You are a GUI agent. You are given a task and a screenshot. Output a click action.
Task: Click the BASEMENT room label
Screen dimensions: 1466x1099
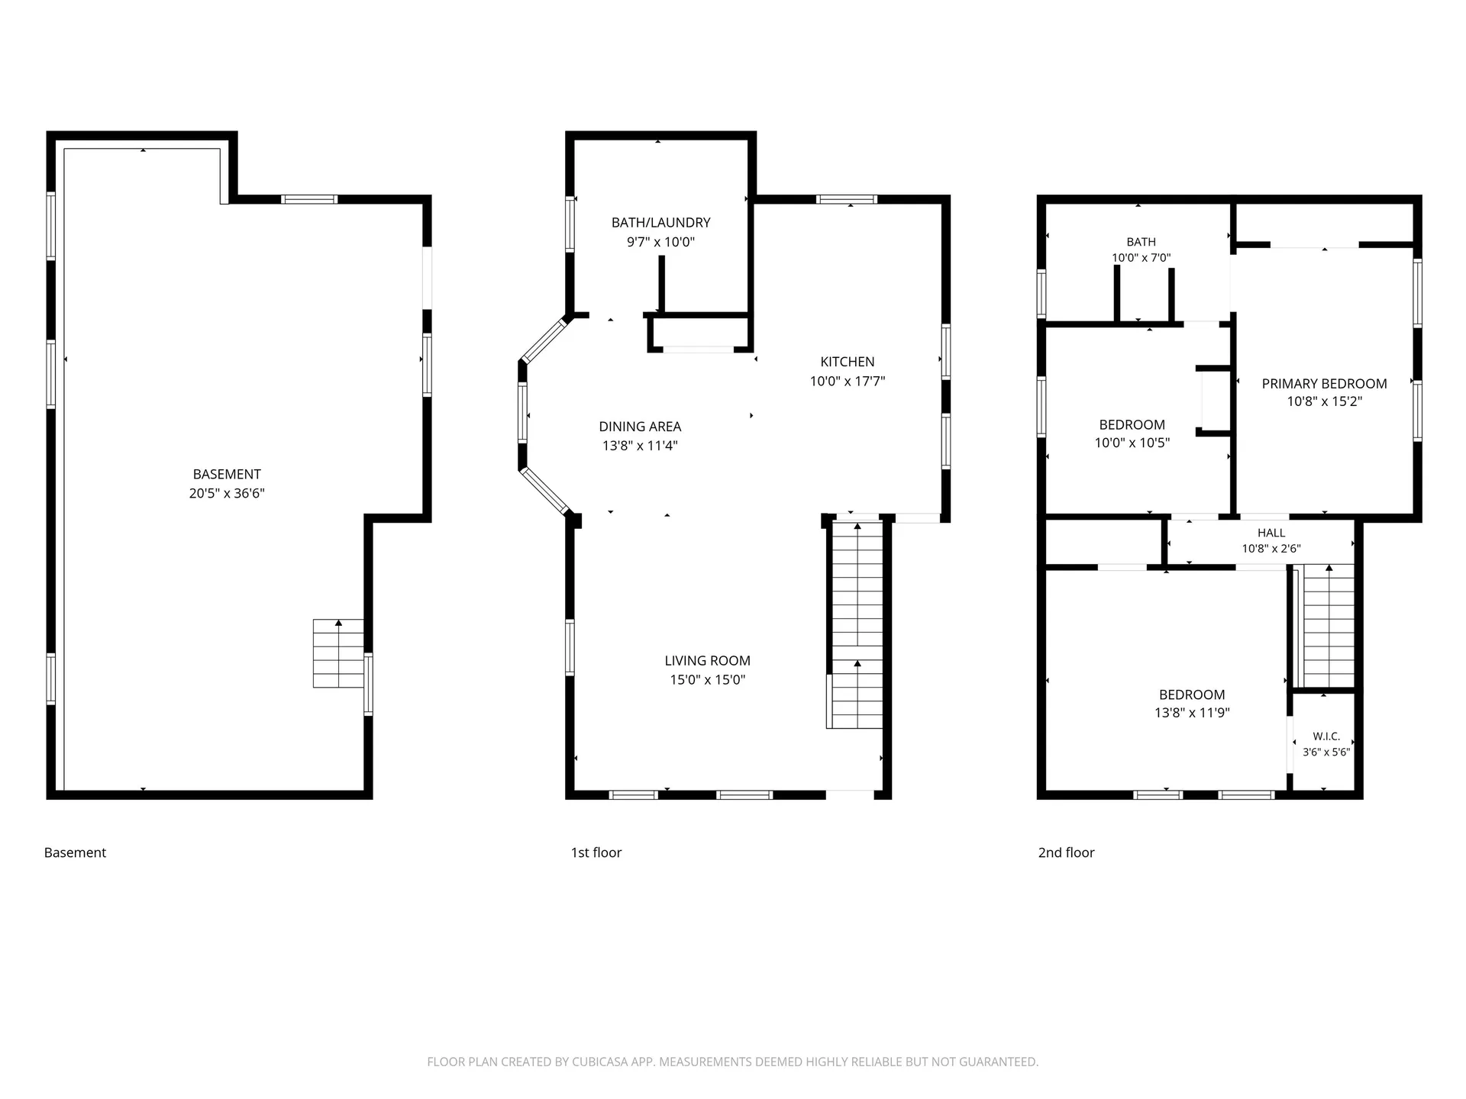(x=227, y=474)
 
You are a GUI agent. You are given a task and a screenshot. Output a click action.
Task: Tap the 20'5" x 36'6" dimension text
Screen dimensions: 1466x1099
(x=227, y=493)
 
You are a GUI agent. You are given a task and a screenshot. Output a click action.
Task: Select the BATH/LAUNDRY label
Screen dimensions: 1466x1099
(x=660, y=223)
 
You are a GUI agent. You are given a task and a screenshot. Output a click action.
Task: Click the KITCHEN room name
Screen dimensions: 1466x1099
(x=848, y=362)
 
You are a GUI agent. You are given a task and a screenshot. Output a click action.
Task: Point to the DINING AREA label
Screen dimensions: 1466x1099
(x=640, y=427)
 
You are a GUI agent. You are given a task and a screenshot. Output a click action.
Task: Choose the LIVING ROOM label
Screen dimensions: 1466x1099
(x=707, y=661)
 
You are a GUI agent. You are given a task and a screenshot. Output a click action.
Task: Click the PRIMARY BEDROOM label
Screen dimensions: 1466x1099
(x=1324, y=384)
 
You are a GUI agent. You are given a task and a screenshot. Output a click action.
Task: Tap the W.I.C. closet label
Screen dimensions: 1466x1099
(x=1326, y=736)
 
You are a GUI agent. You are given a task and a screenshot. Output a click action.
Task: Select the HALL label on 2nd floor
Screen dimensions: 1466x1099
(x=1271, y=533)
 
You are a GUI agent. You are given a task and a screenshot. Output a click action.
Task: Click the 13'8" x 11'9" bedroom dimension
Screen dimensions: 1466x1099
(x=1192, y=713)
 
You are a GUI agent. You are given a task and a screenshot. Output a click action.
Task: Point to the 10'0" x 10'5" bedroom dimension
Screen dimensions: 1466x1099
(x=1132, y=443)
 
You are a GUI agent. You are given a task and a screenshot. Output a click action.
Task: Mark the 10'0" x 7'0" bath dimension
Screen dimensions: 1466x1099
(x=1141, y=258)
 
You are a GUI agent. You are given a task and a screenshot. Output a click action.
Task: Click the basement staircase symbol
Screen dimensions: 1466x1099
(x=338, y=653)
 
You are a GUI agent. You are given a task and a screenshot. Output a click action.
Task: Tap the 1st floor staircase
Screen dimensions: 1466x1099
(x=856, y=624)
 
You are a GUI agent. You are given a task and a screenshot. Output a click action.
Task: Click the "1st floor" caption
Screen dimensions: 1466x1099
(x=596, y=852)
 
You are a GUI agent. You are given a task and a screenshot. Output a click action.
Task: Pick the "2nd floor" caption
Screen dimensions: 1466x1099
(x=1066, y=852)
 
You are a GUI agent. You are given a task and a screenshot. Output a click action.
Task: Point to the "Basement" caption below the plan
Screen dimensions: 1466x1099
(x=75, y=852)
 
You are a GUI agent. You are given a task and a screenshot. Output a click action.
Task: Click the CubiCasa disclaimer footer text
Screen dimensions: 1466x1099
(x=733, y=1062)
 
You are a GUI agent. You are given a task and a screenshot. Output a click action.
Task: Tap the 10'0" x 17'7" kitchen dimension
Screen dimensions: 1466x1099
(x=848, y=381)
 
